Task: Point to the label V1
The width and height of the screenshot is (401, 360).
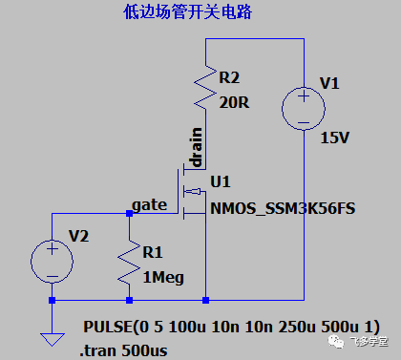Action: point(329,84)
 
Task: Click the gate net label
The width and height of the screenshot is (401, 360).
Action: point(150,204)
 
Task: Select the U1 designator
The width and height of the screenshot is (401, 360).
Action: point(221,181)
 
